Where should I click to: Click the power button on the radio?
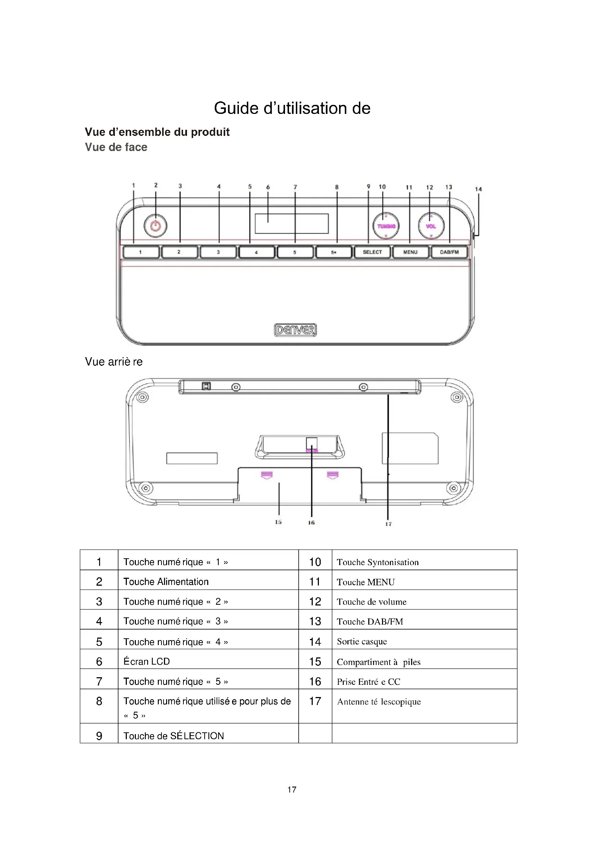click(155, 226)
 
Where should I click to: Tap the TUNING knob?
click(386, 226)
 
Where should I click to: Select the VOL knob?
click(431, 226)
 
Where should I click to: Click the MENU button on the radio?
click(410, 252)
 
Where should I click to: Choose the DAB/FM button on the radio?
click(449, 252)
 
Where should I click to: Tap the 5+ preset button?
click(334, 252)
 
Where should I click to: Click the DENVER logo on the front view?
click(295, 330)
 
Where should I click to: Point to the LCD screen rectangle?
click(292, 223)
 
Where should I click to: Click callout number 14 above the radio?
click(478, 189)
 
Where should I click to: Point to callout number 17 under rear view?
click(388, 524)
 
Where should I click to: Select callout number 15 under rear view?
click(278, 522)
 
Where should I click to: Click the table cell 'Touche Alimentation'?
click(166, 582)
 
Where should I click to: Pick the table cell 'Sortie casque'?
click(362, 642)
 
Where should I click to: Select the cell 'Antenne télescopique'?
click(379, 702)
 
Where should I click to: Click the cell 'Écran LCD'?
click(146, 661)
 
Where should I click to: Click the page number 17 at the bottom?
click(292, 789)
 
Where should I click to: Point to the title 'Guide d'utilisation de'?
click(292, 108)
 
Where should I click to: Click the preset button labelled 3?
click(218, 252)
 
